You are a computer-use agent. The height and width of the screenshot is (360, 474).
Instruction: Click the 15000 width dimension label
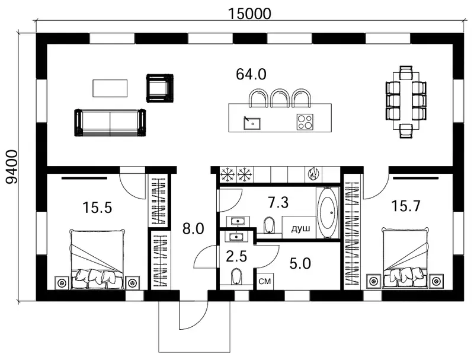pyautogui.click(x=249, y=14)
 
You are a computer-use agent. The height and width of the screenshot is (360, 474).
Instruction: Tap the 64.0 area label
pyautogui.click(x=251, y=74)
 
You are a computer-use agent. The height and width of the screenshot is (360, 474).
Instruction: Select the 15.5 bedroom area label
pyautogui.click(x=97, y=208)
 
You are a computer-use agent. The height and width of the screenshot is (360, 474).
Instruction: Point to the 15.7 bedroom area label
pyautogui.click(x=406, y=206)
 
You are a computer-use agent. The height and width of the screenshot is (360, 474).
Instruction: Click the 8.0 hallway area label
pyautogui.click(x=194, y=229)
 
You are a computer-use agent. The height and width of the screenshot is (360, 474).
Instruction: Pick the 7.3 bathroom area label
pyautogui.click(x=278, y=202)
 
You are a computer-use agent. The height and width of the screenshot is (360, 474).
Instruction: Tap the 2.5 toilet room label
pyautogui.click(x=236, y=257)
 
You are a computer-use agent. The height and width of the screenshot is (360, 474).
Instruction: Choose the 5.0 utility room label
pyautogui.click(x=300, y=263)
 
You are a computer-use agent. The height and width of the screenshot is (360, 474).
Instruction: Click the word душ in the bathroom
pyautogui.click(x=300, y=229)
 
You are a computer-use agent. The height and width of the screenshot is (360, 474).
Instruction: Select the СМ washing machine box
pyautogui.click(x=265, y=282)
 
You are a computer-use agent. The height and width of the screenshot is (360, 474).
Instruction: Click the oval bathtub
pyautogui.click(x=328, y=213)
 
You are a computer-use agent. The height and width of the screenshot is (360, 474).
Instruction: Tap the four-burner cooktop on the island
pyautogui.click(x=305, y=122)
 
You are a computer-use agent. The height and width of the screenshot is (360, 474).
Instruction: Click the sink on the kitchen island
pyautogui.click(x=252, y=123)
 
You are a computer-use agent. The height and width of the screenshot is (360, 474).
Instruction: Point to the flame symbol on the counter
pyautogui.click(x=313, y=173)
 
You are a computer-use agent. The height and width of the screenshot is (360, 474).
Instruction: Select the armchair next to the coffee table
pyautogui.click(x=159, y=88)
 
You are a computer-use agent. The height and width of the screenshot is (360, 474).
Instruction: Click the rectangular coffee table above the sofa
pyautogui.click(x=110, y=88)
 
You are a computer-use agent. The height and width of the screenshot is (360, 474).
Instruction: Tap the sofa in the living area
pyautogui.click(x=110, y=123)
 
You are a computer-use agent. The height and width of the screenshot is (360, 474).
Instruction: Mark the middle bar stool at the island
pyautogui.click(x=280, y=98)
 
